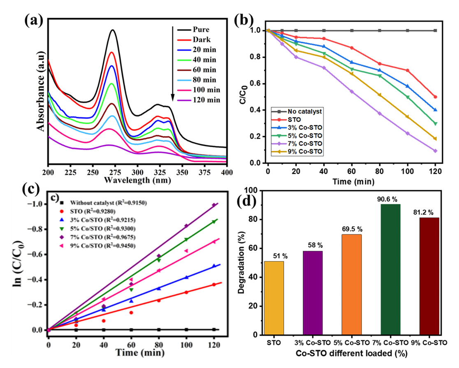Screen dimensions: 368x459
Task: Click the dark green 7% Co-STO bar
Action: click(x=396, y=269)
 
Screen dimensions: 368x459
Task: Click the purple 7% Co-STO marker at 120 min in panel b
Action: click(x=435, y=151)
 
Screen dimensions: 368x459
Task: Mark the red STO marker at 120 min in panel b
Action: click(x=435, y=97)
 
